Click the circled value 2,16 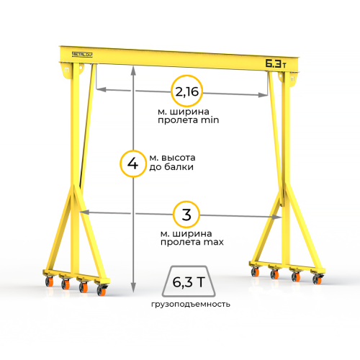pos(187,91)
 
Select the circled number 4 pos(132,163)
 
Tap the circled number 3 pos(186,215)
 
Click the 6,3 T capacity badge pos(189,282)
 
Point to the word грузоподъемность pos(191,305)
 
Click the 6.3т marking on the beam pos(276,63)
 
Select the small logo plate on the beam pos(82,55)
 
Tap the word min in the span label pos(210,120)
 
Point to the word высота pos(179,158)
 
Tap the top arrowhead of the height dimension pos(133,70)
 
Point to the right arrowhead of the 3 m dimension pos(276,217)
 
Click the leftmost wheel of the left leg pos(50,282)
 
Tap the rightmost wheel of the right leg pos(317,279)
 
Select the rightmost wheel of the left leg pos(102,290)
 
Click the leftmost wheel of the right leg pos(255,271)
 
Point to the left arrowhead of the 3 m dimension pos(84,212)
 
